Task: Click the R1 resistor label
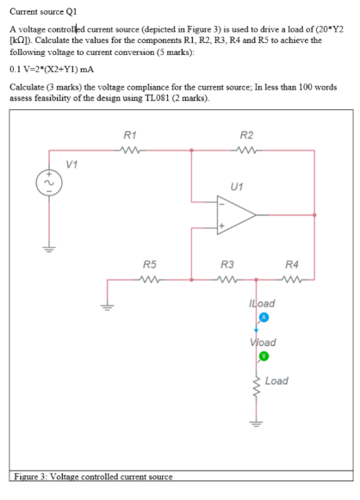pos(128,134)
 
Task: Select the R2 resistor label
pos(246,134)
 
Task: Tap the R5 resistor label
pos(149,264)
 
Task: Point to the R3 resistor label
pos(228,264)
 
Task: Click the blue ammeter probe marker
pos(265,318)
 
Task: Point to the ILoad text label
pos(260,304)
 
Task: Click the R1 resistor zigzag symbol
pos(129,150)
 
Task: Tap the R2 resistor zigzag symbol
pos(247,150)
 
